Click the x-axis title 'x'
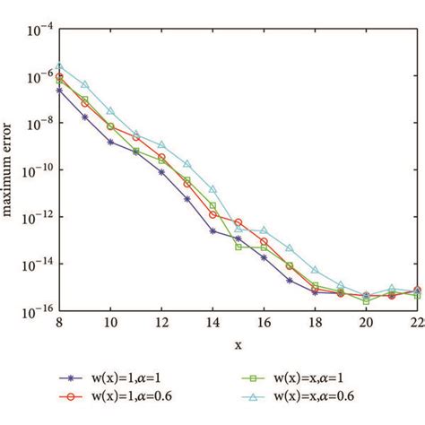click(x=238, y=344)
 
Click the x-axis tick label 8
click(x=59, y=323)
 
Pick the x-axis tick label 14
click(x=212, y=323)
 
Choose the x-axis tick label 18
click(x=315, y=323)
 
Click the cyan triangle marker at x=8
click(x=59, y=65)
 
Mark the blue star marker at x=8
click(x=59, y=90)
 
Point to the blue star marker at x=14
click(x=212, y=230)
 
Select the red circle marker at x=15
click(x=239, y=221)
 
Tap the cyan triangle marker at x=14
click(x=212, y=189)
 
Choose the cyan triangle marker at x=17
click(x=290, y=247)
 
